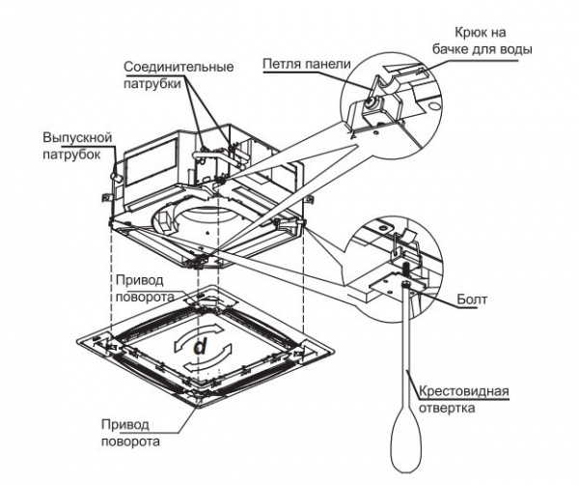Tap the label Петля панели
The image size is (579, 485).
click(x=301, y=66)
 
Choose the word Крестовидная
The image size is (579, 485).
click(x=462, y=392)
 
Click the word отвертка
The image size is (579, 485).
click(x=447, y=408)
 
